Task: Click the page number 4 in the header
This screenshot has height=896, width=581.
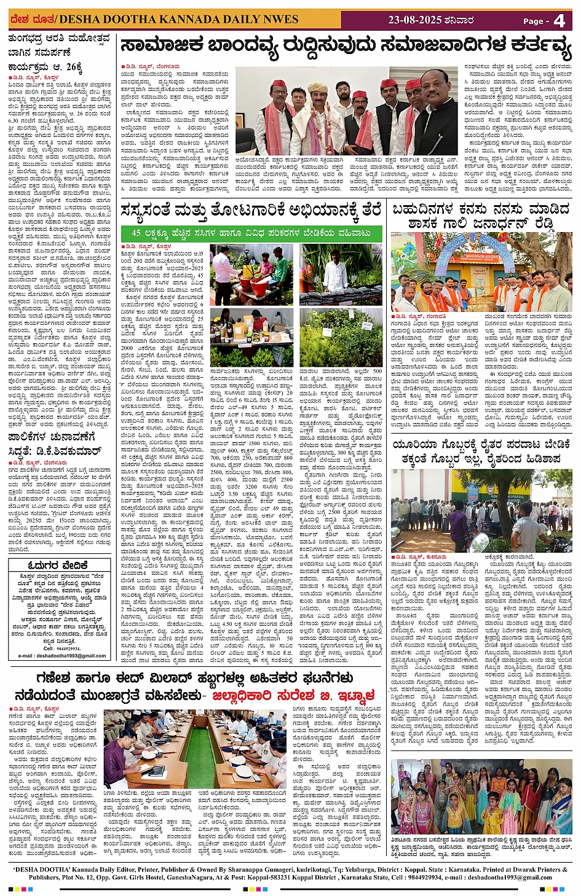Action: click(559, 21)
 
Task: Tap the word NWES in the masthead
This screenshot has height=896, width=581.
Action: click(281, 20)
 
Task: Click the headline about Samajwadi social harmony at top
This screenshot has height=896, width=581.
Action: click(346, 46)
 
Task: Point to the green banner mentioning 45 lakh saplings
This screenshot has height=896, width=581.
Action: click(251, 233)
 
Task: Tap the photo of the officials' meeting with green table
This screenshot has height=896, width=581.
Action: click(195, 749)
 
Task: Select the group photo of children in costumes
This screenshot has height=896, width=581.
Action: click(481, 797)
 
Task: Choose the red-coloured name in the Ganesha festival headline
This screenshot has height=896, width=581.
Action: click(293, 696)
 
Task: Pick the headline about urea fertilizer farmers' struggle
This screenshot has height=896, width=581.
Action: click(481, 451)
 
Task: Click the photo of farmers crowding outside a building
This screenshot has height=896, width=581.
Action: click(481, 511)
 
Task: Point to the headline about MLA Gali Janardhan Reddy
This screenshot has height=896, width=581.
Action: click(481, 216)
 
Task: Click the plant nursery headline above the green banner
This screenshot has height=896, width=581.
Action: click(251, 211)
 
